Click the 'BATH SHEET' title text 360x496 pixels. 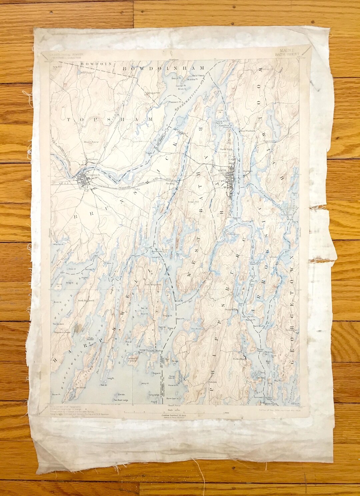tap(287, 54)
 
